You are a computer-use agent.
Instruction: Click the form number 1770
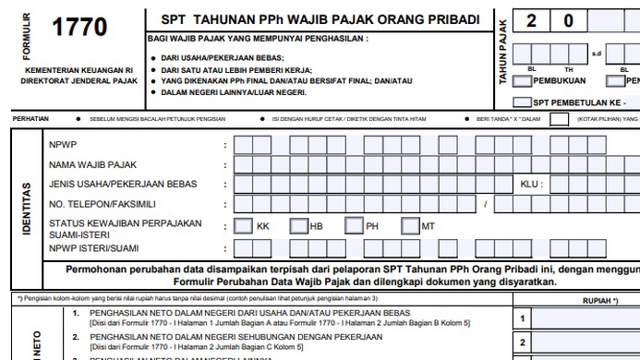click(80, 29)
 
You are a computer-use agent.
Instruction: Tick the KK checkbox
click(243, 226)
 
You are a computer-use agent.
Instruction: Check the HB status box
click(298, 226)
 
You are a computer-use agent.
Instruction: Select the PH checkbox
click(354, 226)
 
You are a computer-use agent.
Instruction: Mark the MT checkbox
click(410, 226)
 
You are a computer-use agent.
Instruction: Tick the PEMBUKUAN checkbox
click(522, 80)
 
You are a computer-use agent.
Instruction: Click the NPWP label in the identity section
click(62, 145)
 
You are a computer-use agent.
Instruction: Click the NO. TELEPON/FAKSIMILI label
click(102, 204)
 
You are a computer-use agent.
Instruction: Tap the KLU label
click(529, 184)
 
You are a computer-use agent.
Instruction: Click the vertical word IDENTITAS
click(25, 208)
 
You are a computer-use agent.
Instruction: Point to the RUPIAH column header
click(600, 301)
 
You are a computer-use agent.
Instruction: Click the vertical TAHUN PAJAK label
click(503, 54)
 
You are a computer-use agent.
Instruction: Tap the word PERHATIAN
click(30, 119)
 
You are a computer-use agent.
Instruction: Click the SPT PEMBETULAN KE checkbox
click(522, 102)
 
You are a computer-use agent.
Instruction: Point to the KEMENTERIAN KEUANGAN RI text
click(79, 70)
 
